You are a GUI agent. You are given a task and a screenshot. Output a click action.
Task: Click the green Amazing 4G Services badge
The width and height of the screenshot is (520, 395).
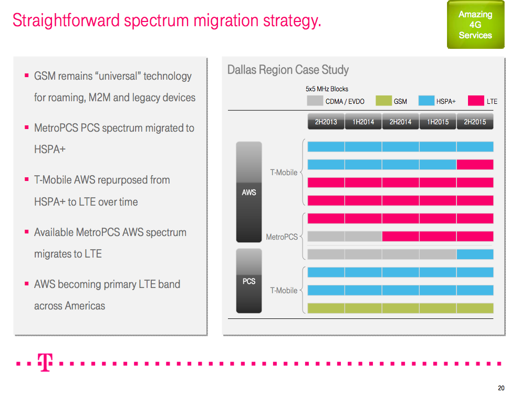[475, 25]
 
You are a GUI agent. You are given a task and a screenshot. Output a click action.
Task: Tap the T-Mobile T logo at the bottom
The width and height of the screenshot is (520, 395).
[45, 362]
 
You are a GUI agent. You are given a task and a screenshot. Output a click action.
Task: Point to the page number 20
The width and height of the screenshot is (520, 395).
[501, 388]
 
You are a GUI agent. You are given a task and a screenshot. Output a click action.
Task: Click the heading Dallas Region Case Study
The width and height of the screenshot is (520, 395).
[288, 70]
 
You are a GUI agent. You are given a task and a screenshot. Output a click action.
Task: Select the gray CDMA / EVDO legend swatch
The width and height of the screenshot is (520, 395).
[315, 101]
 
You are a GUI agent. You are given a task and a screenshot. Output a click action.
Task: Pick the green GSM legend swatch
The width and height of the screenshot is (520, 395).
[383, 101]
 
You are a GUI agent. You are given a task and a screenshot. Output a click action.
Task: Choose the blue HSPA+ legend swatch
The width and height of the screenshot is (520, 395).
[426, 101]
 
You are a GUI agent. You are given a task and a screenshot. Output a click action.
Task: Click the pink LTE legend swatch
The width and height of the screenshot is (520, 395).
[476, 101]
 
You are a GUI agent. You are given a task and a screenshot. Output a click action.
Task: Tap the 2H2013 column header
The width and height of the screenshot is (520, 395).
[326, 122]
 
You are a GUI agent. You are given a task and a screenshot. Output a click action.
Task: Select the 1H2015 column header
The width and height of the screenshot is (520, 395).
[438, 122]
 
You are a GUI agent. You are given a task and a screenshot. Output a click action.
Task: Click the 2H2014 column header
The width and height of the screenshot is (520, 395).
[400, 122]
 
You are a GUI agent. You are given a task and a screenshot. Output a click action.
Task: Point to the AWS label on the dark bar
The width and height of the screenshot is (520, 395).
[249, 193]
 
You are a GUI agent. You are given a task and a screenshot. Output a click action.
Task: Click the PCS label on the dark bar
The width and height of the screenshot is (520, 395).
[249, 282]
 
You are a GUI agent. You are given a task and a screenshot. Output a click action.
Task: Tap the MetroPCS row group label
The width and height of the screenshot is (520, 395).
[282, 237]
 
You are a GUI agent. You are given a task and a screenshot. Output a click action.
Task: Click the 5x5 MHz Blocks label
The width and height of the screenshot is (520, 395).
[327, 89]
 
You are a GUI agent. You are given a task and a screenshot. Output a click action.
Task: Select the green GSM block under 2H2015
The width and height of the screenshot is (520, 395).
[475, 308]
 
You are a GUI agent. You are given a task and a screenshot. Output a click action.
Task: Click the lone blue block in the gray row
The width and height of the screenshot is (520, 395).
[475, 254]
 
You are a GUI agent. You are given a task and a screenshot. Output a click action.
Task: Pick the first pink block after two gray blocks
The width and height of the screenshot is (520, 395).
[400, 237]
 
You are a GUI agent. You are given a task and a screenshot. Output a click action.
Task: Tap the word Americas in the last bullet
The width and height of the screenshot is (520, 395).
[85, 306]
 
